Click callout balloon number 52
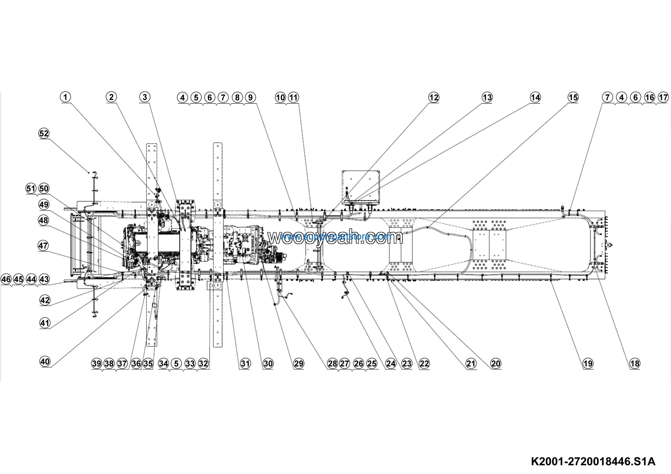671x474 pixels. click(44, 133)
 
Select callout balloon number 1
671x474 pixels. click(66, 97)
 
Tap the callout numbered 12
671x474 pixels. click(434, 97)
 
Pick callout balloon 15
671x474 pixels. click(573, 97)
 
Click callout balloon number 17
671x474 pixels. click(663, 97)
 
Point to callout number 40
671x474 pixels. click(45, 362)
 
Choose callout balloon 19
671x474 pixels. click(588, 364)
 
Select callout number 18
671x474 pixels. click(635, 364)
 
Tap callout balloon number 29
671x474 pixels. click(299, 364)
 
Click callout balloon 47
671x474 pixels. click(43, 246)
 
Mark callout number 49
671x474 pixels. click(44, 204)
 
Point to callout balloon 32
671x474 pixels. click(203, 364)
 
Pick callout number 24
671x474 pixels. click(391, 364)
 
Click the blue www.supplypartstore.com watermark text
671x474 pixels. click(335, 236)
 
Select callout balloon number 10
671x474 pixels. click(280, 97)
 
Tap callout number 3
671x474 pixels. click(145, 97)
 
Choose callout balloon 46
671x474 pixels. click(6, 279)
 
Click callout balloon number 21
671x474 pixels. click(471, 364)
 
